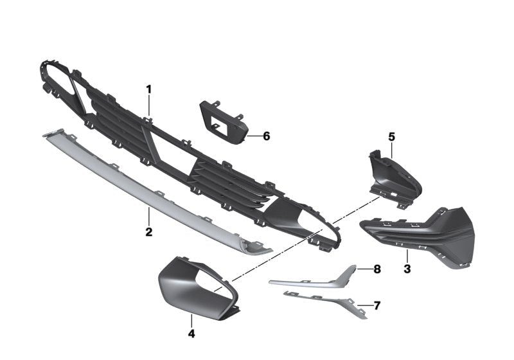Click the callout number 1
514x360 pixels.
[x=149, y=89]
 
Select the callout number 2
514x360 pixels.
[x=149, y=232]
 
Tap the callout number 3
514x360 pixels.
[x=407, y=269]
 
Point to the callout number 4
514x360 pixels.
[x=191, y=334]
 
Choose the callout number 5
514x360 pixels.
[x=392, y=137]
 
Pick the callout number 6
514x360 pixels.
[x=266, y=136]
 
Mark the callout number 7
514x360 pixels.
[x=377, y=305]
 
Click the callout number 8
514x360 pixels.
[x=377, y=269]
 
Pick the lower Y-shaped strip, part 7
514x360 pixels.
[x=326, y=303]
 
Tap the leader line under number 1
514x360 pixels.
[x=149, y=105]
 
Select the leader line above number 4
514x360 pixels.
[x=191, y=320]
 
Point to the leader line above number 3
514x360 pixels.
[x=407, y=256]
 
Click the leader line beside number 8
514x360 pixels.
[x=364, y=269]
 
